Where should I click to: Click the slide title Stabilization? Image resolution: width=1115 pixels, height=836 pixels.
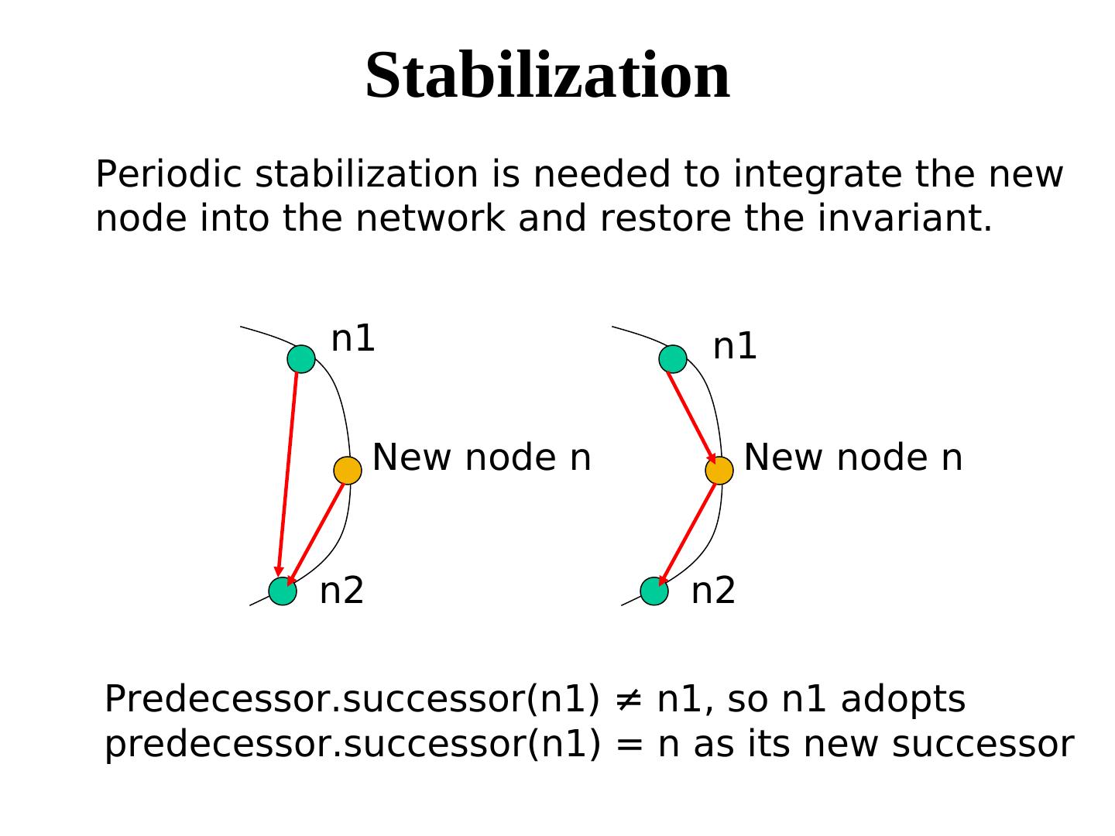pyautogui.click(x=547, y=75)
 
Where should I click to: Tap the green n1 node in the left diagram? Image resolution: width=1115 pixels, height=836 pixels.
pyautogui.click(x=301, y=359)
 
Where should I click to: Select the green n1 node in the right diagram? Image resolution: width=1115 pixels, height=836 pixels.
pyautogui.click(x=673, y=359)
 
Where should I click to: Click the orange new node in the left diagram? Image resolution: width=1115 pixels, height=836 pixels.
pyautogui.click(x=348, y=470)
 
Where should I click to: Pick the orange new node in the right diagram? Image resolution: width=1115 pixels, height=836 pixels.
pyautogui.click(x=719, y=470)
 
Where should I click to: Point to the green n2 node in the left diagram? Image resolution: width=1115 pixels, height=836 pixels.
pyautogui.click(x=283, y=591)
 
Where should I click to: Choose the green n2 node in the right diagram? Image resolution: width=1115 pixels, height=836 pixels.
pyautogui.click(x=654, y=591)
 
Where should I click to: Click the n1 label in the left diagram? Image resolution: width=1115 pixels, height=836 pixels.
pyautogui.click(x=353, y=339)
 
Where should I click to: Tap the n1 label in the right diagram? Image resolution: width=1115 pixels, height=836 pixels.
pyautogui.click(x=734, y=347)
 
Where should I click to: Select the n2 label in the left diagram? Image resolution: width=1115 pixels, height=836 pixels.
pyautogui.click(x=341, y=591)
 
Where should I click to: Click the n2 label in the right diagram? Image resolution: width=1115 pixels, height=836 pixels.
pyautogui.click(x=713, y=591)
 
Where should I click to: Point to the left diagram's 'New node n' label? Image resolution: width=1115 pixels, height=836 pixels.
pyautogui.click(x=482, y=457)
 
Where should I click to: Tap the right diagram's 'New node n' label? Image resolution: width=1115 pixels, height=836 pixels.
pyautogui.click(x=853, y=457)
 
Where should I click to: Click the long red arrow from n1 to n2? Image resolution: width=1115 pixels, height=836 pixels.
pyautogui.click(x=288, y=472)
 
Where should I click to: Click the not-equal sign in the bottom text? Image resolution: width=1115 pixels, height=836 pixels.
pyautogui.click(x=628, y=700)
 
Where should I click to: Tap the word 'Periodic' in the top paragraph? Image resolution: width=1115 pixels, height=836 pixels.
pyautogui.click(x=170, y=175)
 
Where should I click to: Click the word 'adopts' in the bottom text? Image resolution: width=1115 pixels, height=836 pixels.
pyautogui.click(x=903, y=700)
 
